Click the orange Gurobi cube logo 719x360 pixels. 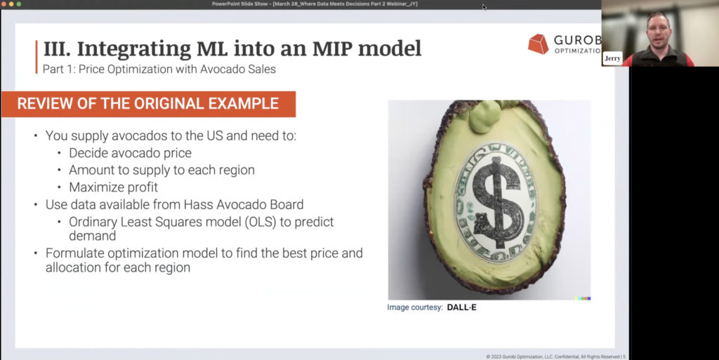(539, 44)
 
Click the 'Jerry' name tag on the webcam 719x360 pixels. (612, 59)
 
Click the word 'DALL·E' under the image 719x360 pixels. (462, 307)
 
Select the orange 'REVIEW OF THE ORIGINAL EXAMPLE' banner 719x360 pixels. (148, 104)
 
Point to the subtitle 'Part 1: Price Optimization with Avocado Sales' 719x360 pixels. (159, 69)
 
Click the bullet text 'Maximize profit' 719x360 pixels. (113, 187)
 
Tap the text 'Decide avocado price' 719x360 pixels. (130, 153)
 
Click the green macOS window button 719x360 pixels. (19, 4)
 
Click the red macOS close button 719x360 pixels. (4, 4)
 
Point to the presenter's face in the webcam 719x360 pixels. (659, 33)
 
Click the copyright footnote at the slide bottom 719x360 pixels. (556, 356)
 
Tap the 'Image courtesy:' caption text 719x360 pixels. (415, 307)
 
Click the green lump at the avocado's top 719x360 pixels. (485, 115)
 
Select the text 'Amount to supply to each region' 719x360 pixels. (162, 170)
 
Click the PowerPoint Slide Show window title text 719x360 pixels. (315, 4)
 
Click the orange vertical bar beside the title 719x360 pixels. (37, 57)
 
